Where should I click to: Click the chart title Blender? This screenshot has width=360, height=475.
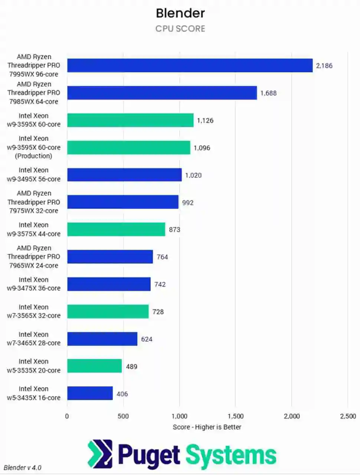180,13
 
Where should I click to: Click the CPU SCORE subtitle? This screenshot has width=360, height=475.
180,29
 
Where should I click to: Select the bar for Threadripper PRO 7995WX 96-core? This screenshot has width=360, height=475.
190,66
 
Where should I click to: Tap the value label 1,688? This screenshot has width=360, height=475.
268,93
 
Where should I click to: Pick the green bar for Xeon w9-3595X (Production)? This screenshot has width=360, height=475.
128,148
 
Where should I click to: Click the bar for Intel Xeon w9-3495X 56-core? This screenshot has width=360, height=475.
124,175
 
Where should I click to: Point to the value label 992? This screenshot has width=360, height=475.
188,202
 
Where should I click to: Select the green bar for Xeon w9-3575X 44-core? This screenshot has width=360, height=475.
116,230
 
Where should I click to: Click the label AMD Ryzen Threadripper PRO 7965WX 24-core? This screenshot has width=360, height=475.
33,257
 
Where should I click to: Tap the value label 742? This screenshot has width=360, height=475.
160,284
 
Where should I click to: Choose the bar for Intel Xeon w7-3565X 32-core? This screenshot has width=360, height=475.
108,311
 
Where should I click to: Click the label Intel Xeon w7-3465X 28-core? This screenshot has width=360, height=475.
33,339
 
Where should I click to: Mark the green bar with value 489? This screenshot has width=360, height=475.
94,366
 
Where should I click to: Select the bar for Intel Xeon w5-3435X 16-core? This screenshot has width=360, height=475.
90,393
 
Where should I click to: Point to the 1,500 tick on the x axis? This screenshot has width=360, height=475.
235,416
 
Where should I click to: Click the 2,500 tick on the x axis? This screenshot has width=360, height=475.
348,416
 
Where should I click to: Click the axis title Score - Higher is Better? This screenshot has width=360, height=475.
207,427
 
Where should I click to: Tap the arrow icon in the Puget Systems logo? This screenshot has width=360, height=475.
100,454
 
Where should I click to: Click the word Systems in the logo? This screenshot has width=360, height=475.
231,455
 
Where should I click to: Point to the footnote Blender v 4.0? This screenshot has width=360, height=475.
23,468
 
